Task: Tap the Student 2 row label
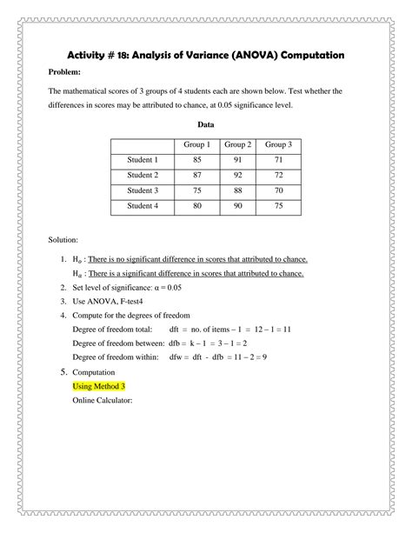tap(143, 175)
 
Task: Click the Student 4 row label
tap(143, 206)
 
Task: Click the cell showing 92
tap(237, 175)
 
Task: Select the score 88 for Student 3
tap(237, 190)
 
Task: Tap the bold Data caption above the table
tap(206, 124)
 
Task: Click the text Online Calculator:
tap(102, 401)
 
